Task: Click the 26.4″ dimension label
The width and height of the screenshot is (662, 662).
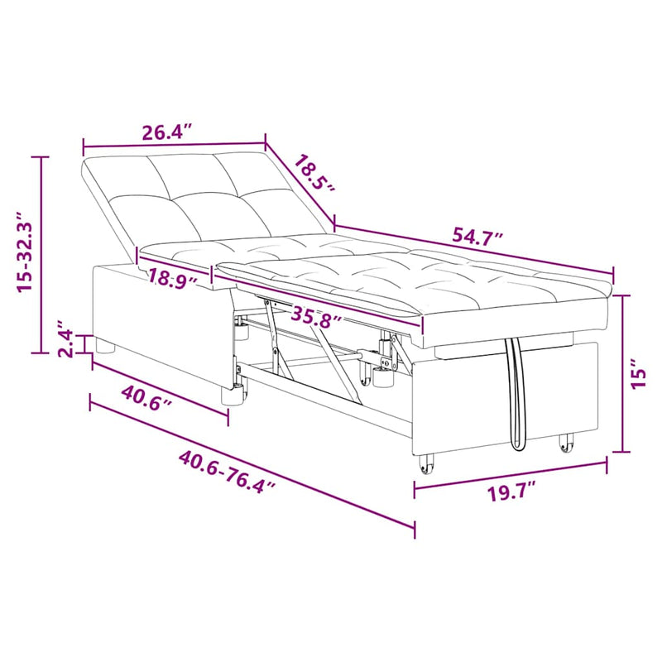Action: tap(167, 132)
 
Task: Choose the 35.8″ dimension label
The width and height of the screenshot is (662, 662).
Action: tap(317, 316)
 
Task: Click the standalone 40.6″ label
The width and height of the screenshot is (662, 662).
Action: tap(146, 398)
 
